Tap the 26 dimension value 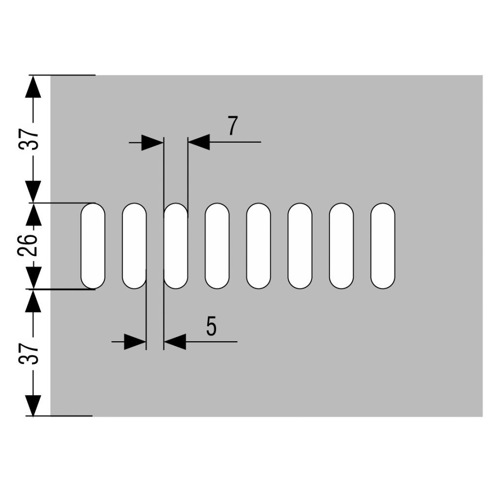[27, 246]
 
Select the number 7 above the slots [232, 127]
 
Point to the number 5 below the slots [211, 326]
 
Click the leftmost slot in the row [93, 246]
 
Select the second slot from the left [134, 246]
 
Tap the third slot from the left [175, 246]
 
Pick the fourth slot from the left [217, 246]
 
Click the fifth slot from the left [258, 246]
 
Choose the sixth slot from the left [300, 246]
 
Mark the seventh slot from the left [341, 246]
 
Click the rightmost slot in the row [383, 246]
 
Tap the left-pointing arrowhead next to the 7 [199, 142]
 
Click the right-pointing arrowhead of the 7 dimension [152, 143]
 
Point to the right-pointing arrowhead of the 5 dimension [135, 342]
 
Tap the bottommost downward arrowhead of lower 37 [33, 405]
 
